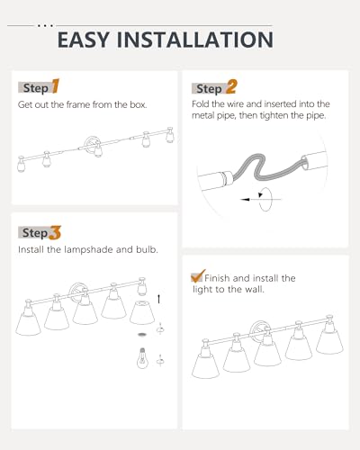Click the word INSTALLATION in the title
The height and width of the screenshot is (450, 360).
pos(195,40)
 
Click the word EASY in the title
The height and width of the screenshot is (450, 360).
pos(84,40)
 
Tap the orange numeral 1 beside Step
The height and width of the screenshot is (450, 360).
pos(56,86)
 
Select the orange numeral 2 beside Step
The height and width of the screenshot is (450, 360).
pos(231,86)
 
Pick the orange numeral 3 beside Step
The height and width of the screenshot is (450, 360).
pos(55,233)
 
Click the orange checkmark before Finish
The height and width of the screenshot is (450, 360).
pos(198,275)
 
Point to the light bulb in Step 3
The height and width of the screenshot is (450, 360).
pos(142,358)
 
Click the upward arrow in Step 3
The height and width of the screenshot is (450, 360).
pos(158,299)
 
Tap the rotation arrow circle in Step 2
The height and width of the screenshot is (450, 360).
pos(265,200)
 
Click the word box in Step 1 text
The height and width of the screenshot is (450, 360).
pos(138,104)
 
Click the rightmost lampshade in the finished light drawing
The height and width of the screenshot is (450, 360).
pos(329,341)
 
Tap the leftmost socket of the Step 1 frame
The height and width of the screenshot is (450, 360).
pos(21,164)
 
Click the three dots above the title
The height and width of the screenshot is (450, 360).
pos(45,26)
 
